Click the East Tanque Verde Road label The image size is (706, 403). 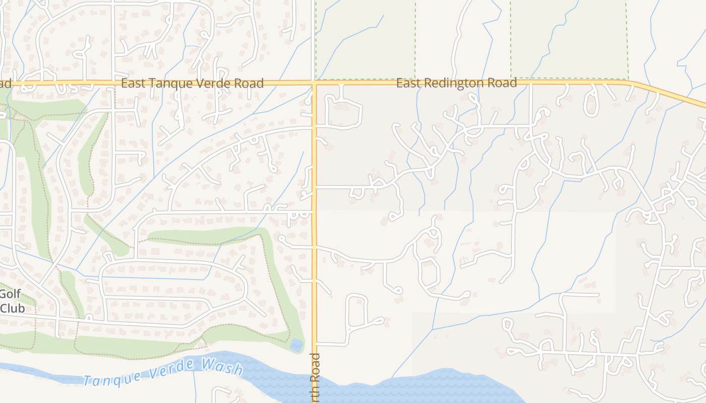click(x=192, y=83)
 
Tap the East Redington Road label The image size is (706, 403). click(x=456, y=83)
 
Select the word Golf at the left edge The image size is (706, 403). click(x=10, y=294)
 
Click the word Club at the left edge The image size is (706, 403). click(x=12, y=308)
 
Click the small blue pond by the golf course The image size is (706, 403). click(x=297, y=345)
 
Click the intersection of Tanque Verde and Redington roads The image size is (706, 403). click(x=314, y=83)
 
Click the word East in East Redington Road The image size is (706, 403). click(x=407, y=83)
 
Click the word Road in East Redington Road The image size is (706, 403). click(x=502, y=83)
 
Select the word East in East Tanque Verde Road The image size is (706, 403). click(x=133, y=83)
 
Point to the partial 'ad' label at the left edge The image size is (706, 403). click(x=5, y=83)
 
